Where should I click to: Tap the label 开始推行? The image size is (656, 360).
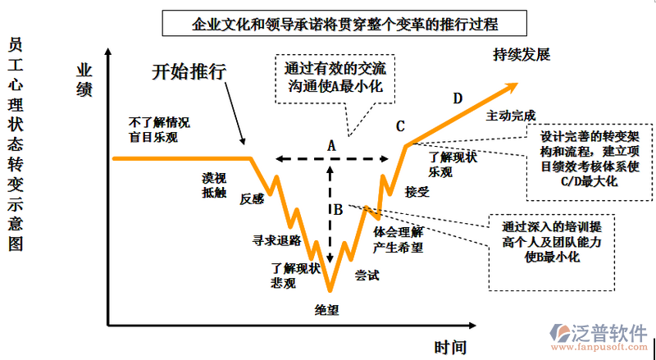click(x=189, y=71)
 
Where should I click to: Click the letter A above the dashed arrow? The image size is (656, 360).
click(x=331, y=145)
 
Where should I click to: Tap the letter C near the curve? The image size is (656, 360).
click(x=400, y=126)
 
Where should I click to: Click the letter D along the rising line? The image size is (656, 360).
click(x=458, y=99)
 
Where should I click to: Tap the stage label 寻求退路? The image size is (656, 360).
click(x=276, y=240)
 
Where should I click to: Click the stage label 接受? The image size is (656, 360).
click(x=417, y=192)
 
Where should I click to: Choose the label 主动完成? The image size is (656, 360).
click(x=511, y=115)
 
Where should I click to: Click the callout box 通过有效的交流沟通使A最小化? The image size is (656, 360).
click(x=332, y=78)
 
